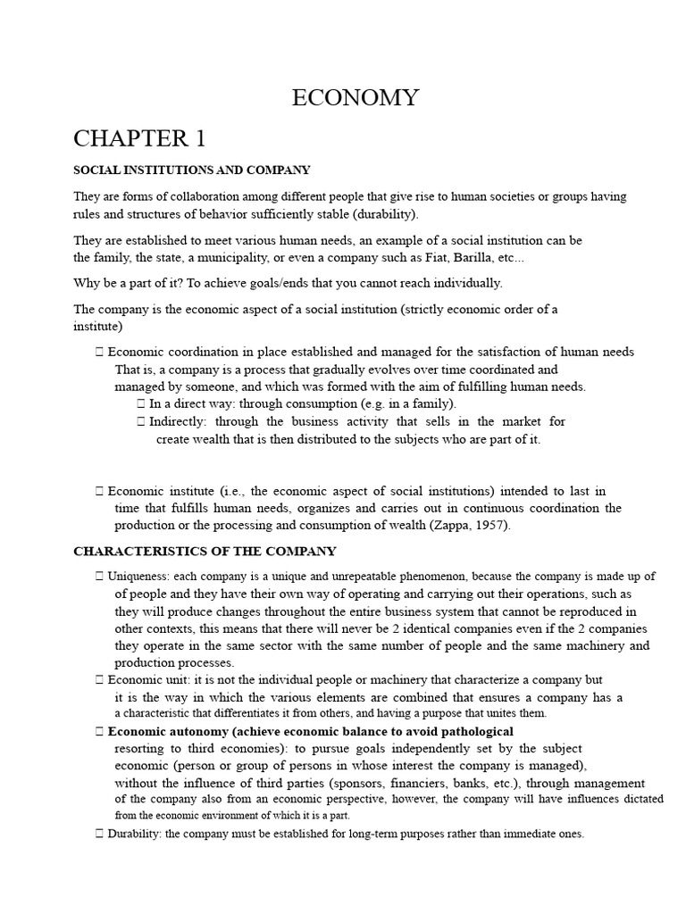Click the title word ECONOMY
point(355,98)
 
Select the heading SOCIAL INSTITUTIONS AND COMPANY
point(191,170)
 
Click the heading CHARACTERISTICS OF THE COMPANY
point(205,552)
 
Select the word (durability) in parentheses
point(384,214)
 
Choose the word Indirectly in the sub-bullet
point(178,421)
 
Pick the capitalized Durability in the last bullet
point(134,834)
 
